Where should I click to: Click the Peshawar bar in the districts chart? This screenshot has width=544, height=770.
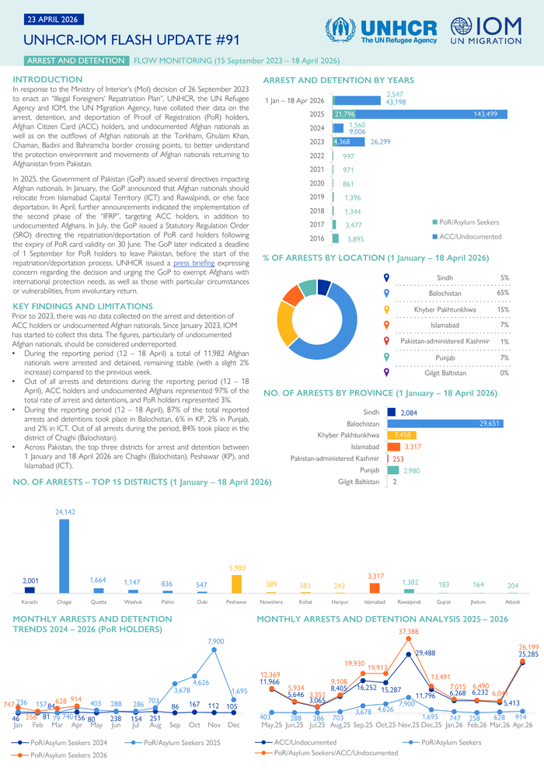coord(236,584)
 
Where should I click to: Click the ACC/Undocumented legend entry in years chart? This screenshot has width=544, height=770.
coord(466,236)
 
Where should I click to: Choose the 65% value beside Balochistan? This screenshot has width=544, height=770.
coord(504,293)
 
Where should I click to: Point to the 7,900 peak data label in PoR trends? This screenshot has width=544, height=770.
coord(215,641)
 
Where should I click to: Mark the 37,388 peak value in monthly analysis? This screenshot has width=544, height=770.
coord(408,632)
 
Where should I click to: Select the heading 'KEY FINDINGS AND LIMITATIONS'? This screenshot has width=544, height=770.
coord(72,307)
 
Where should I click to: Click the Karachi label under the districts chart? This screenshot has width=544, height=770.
coord(30,601)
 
